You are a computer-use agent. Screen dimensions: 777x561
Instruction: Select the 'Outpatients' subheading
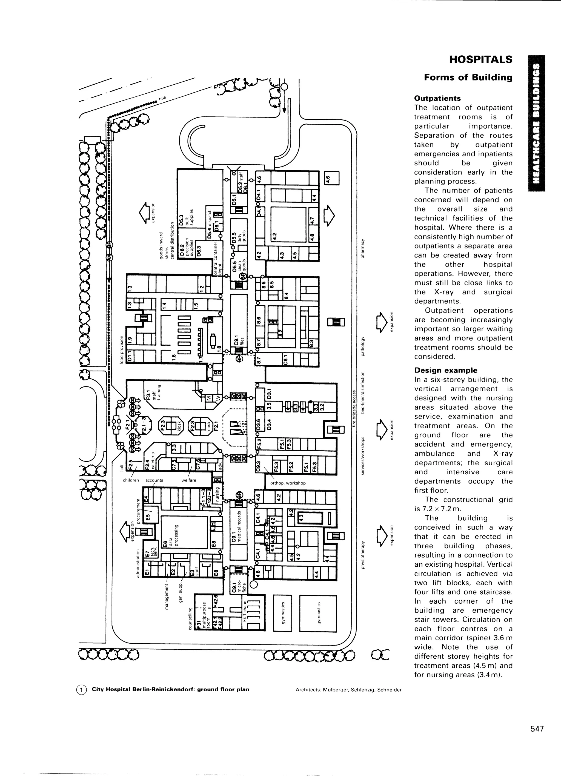point(437,98)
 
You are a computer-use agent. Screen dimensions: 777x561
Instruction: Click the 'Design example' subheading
point(445,370)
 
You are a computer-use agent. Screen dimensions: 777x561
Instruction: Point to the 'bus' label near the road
point(162,98)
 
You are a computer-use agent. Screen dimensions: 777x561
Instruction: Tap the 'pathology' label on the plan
point(363,346)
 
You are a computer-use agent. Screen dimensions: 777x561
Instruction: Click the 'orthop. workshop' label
point(288,483)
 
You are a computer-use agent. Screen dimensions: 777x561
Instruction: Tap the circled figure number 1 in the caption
point(82,689)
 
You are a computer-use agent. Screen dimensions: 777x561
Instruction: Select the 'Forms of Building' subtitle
point(468,78)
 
